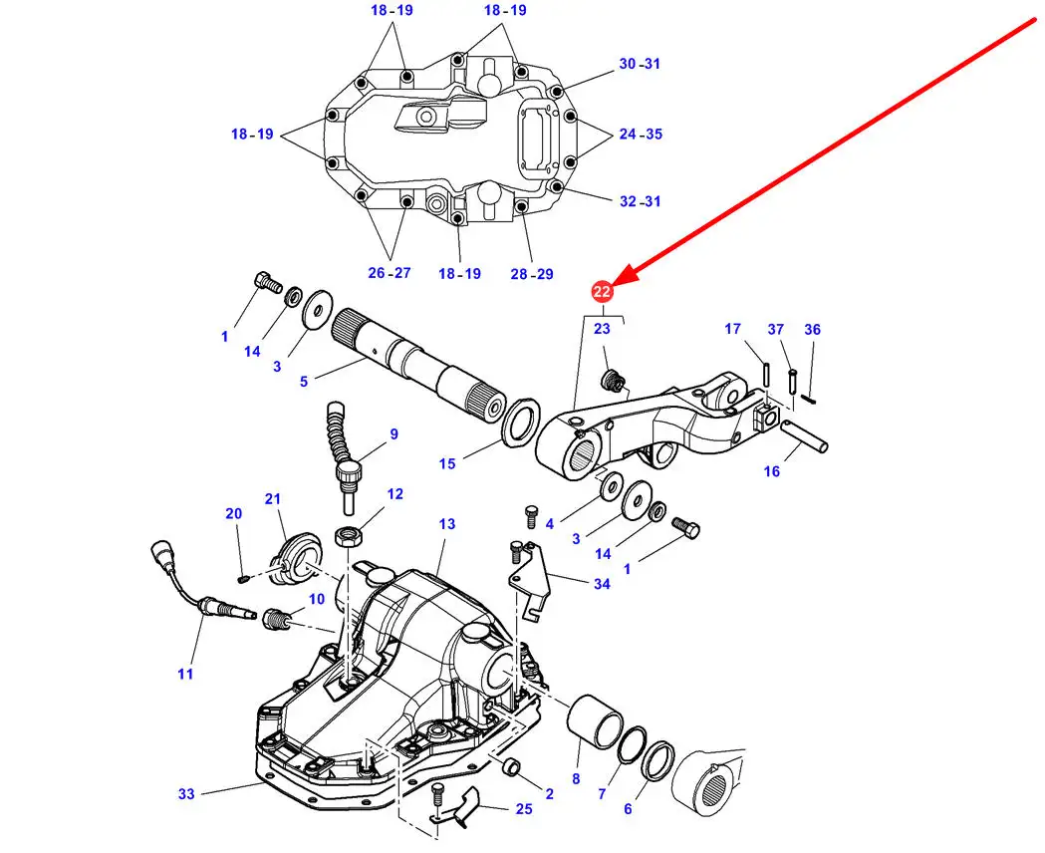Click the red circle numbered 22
[602, 292]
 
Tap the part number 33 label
[186, 793]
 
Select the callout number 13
[446, 524]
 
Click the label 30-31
[640, 64]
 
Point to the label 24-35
[641, 134]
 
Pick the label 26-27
[390, 273]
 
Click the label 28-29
[532, 274]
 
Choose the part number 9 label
[393, 434]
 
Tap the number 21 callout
[273, 498]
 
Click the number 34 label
[602, 584]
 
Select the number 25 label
[525, 809]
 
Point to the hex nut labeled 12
[348, 535]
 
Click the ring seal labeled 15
[520, 423]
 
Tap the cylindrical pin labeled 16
[804, 436]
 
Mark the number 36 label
[813, 329]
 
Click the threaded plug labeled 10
[278, 620]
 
